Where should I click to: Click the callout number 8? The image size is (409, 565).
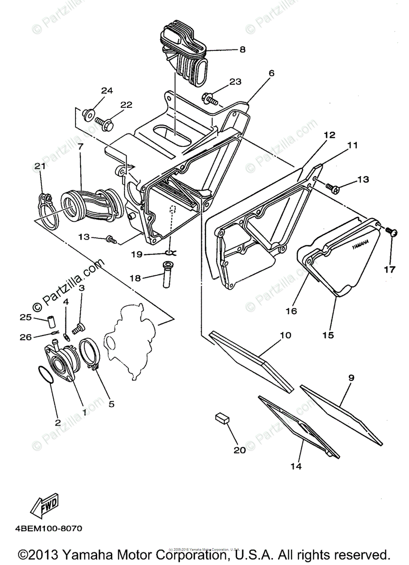point(242,49)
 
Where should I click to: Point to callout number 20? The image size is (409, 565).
point(239,450)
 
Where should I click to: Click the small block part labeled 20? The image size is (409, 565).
point(222,417)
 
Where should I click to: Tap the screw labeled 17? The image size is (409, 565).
point(390,231)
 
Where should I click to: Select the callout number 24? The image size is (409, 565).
point(107,90)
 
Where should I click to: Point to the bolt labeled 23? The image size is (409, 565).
point(209,98)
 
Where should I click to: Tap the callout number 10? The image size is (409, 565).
point(286,335)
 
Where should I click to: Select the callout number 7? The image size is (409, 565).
point(80,146)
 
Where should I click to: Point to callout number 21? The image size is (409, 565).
point(40,166)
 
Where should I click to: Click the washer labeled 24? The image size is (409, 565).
point(88,113)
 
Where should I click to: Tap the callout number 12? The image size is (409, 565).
point(329,135)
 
